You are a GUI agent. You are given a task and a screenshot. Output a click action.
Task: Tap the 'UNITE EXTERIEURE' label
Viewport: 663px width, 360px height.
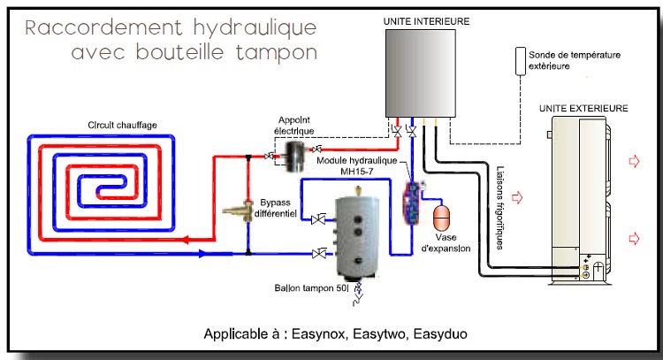[583, 108]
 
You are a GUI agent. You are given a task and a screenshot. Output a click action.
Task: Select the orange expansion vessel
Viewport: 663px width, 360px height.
[440, 217]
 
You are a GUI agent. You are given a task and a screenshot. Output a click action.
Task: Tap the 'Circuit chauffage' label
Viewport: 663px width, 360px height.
[123, 125]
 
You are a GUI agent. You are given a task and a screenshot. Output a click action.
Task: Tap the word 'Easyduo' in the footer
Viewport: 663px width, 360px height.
[438, 334]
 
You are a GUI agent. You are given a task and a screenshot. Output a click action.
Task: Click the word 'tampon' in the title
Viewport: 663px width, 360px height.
[274, 52]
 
